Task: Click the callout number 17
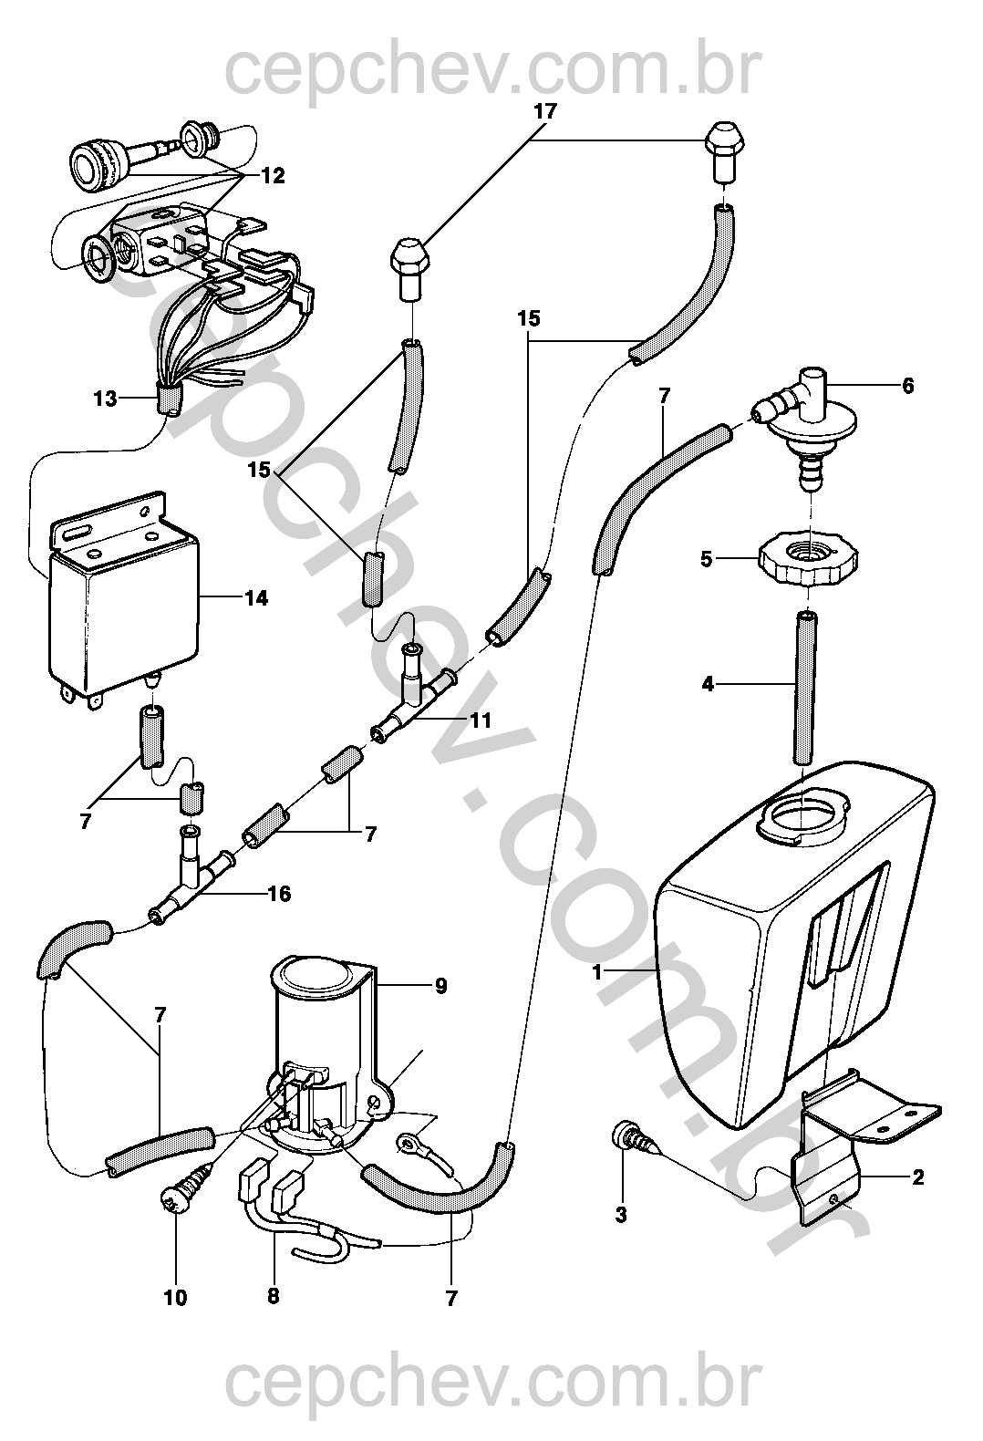tap(545, 111)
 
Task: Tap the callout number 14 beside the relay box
tap(256, 598)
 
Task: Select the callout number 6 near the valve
tap(907, 386)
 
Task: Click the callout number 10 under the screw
tap(176, 1298)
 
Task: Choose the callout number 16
tap(279, 894)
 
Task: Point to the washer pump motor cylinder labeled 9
tap(325, 1062)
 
